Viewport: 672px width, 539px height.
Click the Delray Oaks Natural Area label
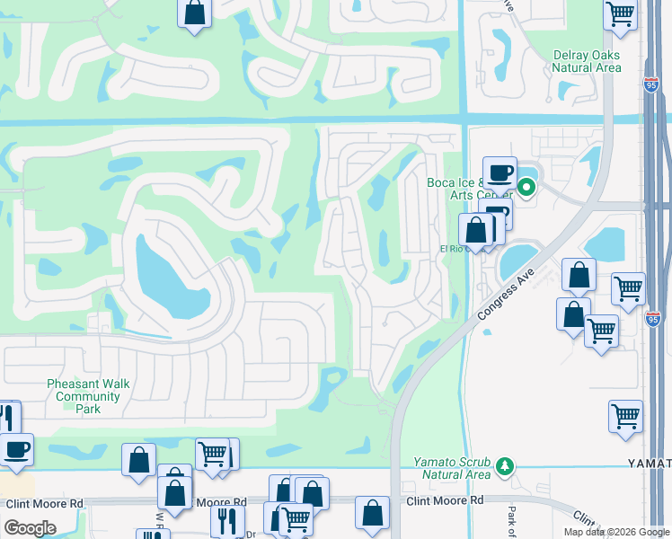[587, 60]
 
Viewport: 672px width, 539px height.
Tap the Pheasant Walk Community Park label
[88, 396]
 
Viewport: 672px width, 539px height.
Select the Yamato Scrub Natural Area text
[452, 467]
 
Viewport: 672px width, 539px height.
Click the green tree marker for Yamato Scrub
[505, 465]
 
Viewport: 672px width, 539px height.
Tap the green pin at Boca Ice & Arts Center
[526, 188]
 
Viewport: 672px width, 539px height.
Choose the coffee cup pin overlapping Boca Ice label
[500, 172]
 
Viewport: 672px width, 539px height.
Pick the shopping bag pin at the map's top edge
[194, 13]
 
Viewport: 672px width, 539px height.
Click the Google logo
[30, 528]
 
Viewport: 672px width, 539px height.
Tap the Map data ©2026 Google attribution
[616, 532]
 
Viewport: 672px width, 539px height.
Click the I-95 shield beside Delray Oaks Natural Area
[652, 84]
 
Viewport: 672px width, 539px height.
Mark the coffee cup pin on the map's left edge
[15, 448]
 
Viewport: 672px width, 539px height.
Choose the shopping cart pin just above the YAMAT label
[625, 416]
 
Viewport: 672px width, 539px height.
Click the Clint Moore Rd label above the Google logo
[44, 504]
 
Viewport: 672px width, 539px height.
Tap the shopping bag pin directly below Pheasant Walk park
[139, 460]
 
